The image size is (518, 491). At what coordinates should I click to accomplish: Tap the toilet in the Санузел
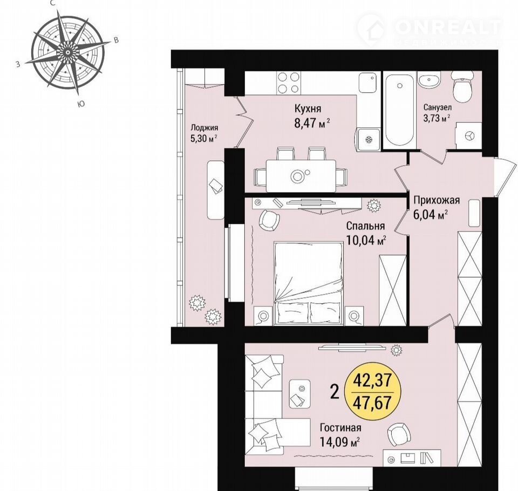click(x=462, y=86)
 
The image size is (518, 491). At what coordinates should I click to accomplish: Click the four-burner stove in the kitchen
click(x=288, y=83)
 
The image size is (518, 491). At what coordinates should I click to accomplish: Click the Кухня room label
click(x=308, y=108)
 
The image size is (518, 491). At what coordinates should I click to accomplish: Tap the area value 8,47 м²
click(x=312, y=124)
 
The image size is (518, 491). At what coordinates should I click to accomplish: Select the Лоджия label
click(x=205, y=127)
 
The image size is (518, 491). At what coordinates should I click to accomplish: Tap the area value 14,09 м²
click(x=339, y=441)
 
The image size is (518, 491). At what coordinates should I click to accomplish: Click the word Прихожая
click(x=437, y=200)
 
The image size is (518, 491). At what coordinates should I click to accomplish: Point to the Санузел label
click(x=438, y=108)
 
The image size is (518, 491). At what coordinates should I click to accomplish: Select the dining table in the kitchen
click(x=301, y=176)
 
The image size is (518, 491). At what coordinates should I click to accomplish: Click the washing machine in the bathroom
click(x=468, y=135)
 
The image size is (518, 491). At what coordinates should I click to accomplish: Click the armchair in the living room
click(x=399, y=434)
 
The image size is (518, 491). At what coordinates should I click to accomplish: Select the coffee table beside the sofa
click(x=300, y=394)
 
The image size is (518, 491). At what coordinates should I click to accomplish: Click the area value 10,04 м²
click(x=366, y=240)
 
